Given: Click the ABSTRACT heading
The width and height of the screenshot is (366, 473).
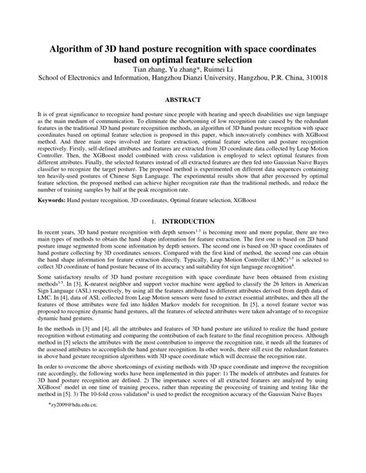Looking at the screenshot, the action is (x=183, y=100).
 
